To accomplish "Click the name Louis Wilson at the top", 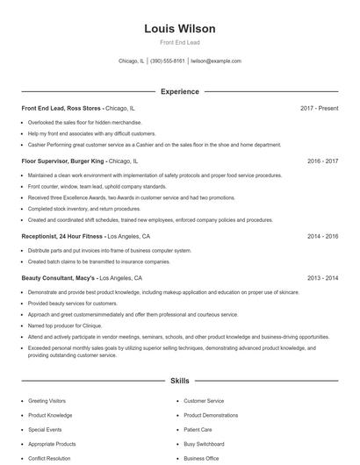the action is [179, 29].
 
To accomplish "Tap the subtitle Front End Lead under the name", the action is [179, 42].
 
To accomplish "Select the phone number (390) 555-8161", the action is [168, 61].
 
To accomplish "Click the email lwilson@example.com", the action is [216, 61].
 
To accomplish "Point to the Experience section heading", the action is [179, 91].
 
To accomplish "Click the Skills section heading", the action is [179, 382].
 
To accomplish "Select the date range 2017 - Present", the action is [319, 108].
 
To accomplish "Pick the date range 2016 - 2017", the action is [322, 161].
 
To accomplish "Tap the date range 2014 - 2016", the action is [322, 237].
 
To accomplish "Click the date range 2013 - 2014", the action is [322, 277].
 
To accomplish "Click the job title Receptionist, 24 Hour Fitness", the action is [62, 237].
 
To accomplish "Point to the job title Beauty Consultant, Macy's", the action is [59, 277].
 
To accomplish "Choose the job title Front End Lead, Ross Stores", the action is [62, 108].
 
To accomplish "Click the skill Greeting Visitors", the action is [46, 401].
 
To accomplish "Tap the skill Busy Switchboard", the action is [205, 444].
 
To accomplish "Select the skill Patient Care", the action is [198, 430].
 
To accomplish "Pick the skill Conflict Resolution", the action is [49, 458].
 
